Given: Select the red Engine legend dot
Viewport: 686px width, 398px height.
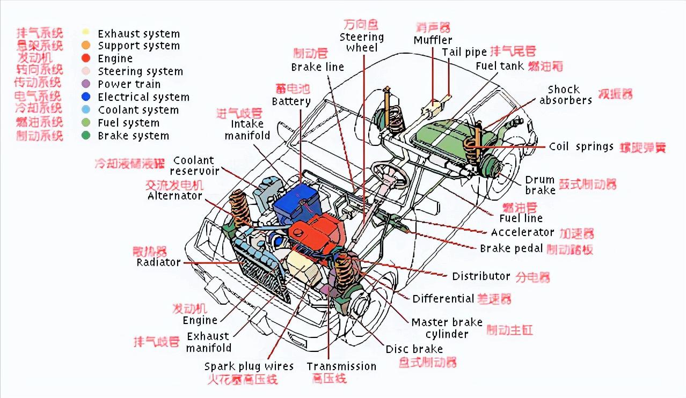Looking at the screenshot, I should click(x=86, y=58).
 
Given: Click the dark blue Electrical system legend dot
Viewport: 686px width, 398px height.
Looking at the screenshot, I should click(x=86, y=97).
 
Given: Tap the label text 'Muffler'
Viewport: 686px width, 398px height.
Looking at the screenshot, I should click(x=433, y=40).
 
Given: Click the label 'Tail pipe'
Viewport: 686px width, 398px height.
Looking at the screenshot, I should click(x=464, y=52).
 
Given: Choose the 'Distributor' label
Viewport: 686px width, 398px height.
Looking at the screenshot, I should click(x=481, y=276).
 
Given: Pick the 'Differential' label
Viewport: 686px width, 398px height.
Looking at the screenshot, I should click(x=443, y=298).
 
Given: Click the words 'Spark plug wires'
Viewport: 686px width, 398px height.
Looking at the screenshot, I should click(x=249, y=366).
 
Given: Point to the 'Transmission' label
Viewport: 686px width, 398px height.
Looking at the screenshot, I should click(x=341, y=366).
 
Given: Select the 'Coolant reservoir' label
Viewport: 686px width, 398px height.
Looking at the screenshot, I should click(x=194, y=165).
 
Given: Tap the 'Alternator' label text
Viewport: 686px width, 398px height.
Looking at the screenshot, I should click(x=175, y=196).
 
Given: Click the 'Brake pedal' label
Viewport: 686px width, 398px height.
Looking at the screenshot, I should click(x=512, y=248).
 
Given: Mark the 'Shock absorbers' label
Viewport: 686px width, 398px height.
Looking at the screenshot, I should click(x=565, y=95).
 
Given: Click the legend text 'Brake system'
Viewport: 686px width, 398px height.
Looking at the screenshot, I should click(x=133, y=136).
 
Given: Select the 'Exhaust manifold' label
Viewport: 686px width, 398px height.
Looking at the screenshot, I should click(x=208, y=342).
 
